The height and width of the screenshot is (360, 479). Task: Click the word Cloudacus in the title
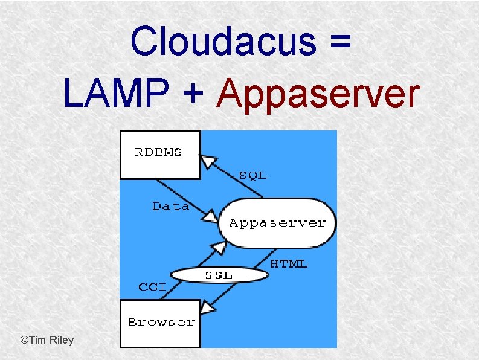coord(222,41)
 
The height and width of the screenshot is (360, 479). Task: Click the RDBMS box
coord(159,155)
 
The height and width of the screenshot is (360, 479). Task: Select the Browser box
coord(161,323)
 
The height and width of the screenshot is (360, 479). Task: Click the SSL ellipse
coord(218,275)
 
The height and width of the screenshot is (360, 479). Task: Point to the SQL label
coord(252,176)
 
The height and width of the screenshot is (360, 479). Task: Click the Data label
coord(170,207)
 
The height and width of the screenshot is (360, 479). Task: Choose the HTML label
coord(289,264)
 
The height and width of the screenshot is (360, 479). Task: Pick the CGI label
coord(152,286)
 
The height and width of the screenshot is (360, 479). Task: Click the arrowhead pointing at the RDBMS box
coord(208,161)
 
